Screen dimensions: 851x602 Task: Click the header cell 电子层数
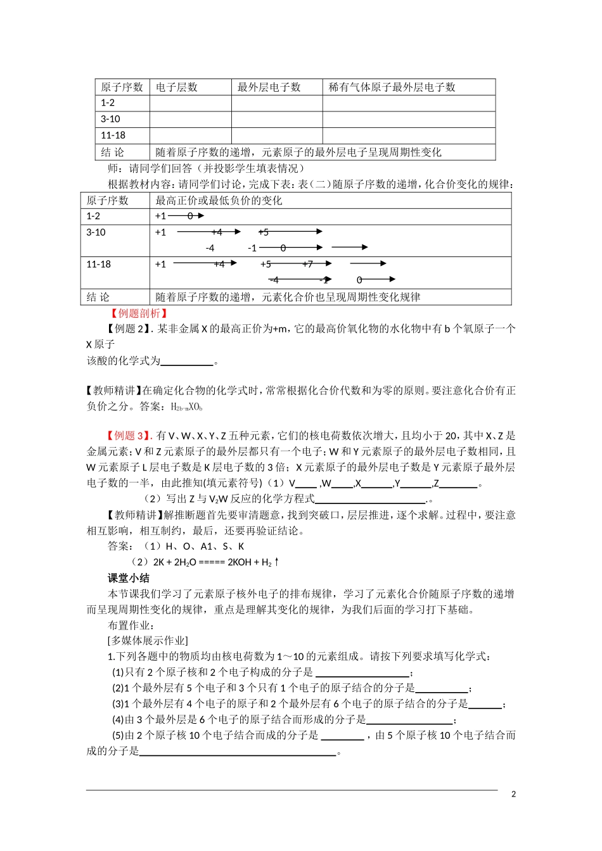[x=177, y=87]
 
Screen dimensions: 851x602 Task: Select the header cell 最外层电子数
[x=269, y=87]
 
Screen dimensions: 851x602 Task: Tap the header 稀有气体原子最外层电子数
[x=392, y=87]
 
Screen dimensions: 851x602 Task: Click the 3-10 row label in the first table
[x=110, y=119]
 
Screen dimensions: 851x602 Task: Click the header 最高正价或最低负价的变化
[x=219, y=201]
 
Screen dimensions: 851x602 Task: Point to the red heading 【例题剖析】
[x=139, y=313]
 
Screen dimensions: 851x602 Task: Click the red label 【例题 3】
[x=129, y=436]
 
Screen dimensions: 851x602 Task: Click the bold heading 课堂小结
[x=129, y=578]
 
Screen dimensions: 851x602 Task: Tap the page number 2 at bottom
[x=514, y=794]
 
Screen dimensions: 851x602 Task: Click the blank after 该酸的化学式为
[x=187, y=362]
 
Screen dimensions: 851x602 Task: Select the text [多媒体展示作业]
[x=148, y=641]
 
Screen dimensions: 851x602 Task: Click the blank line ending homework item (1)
[x=362, y=672]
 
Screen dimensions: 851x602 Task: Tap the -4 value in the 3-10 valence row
[x=210, y=248]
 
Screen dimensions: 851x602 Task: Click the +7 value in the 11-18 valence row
[x=307, y=264]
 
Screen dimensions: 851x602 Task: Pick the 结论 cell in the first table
[x=113, y=153]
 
